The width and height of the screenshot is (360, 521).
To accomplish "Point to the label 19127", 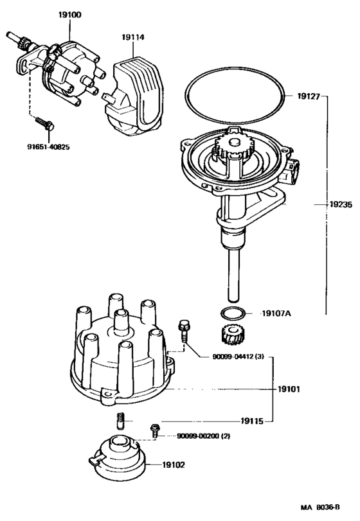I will click(309, 97).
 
